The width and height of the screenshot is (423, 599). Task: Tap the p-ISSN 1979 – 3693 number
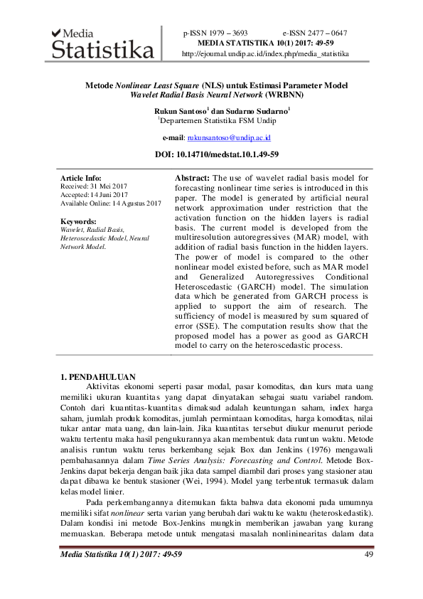click(215, 33)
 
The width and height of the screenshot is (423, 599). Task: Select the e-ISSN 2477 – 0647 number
click(314, 33)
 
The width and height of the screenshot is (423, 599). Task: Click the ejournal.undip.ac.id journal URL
click(265, 53)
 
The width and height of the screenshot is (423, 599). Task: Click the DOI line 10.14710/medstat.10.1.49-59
click(216, 154)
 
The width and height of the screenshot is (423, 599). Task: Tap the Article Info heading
click(81, 178)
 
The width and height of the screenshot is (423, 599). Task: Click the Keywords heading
click(78, 221)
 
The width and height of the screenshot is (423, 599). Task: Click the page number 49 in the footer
click(368, 554)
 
